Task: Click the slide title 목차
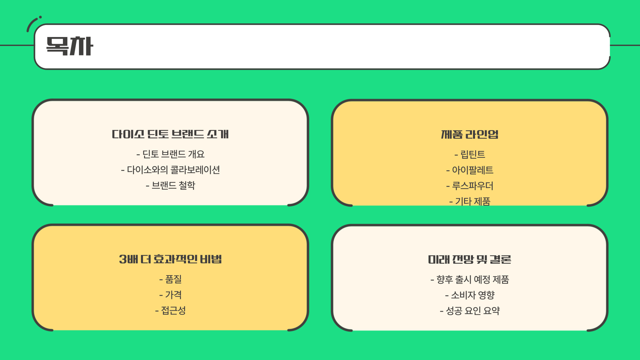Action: point(69,46)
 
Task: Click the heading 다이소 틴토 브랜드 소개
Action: point(170,134)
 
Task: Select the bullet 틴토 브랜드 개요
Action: point(170,154)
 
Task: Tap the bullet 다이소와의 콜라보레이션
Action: point(170,170)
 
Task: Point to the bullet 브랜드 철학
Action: point(170,185)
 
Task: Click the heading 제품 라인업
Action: point(470,134)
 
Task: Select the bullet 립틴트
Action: point(470,154)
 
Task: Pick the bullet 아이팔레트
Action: point(470,170)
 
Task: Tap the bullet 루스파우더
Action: point(470,186)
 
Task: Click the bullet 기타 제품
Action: point(470,201)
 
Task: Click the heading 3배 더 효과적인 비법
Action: point(170,259)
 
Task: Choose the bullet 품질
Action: point(170,279)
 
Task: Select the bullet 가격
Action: point(170,295)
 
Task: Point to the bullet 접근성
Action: point(170,310)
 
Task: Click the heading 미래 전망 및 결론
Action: point(470,259)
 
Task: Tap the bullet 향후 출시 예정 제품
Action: point(470,279)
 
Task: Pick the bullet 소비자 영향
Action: point(470,295)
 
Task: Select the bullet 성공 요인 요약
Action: point(470,311)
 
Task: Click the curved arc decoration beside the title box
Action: point(31,23)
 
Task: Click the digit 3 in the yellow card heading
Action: point(123,259)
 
